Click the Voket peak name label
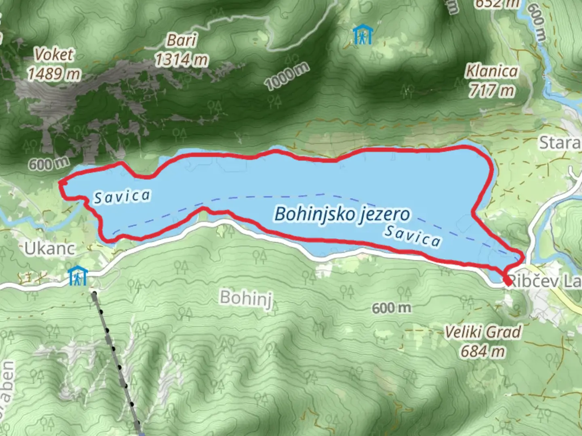coord(54,55)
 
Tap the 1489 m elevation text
coord(54,74)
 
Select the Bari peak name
coord(181,40)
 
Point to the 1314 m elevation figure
coord(181,60)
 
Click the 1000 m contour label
coord(287,76)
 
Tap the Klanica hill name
coord(491,71)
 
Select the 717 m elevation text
coord(491,90)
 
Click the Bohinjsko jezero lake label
coord(342,214)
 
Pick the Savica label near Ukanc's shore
coord(122,197)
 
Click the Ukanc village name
coord(50,249)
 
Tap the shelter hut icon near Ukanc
coord(78,275)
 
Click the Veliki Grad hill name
coord(483,332)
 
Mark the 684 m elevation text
coord(483,351)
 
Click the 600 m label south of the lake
coord(391,308)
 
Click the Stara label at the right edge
coord(560,143)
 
